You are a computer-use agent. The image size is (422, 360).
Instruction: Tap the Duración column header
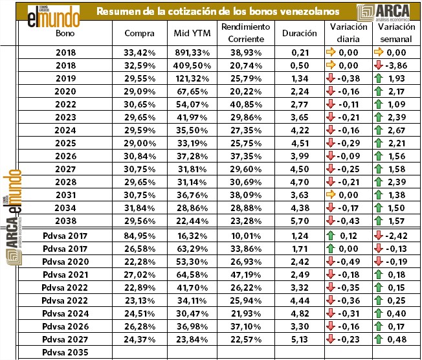[300, 33]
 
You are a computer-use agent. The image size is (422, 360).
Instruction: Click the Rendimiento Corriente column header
[245, 32]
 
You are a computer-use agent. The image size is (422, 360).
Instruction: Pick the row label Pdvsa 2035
[65, 352]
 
